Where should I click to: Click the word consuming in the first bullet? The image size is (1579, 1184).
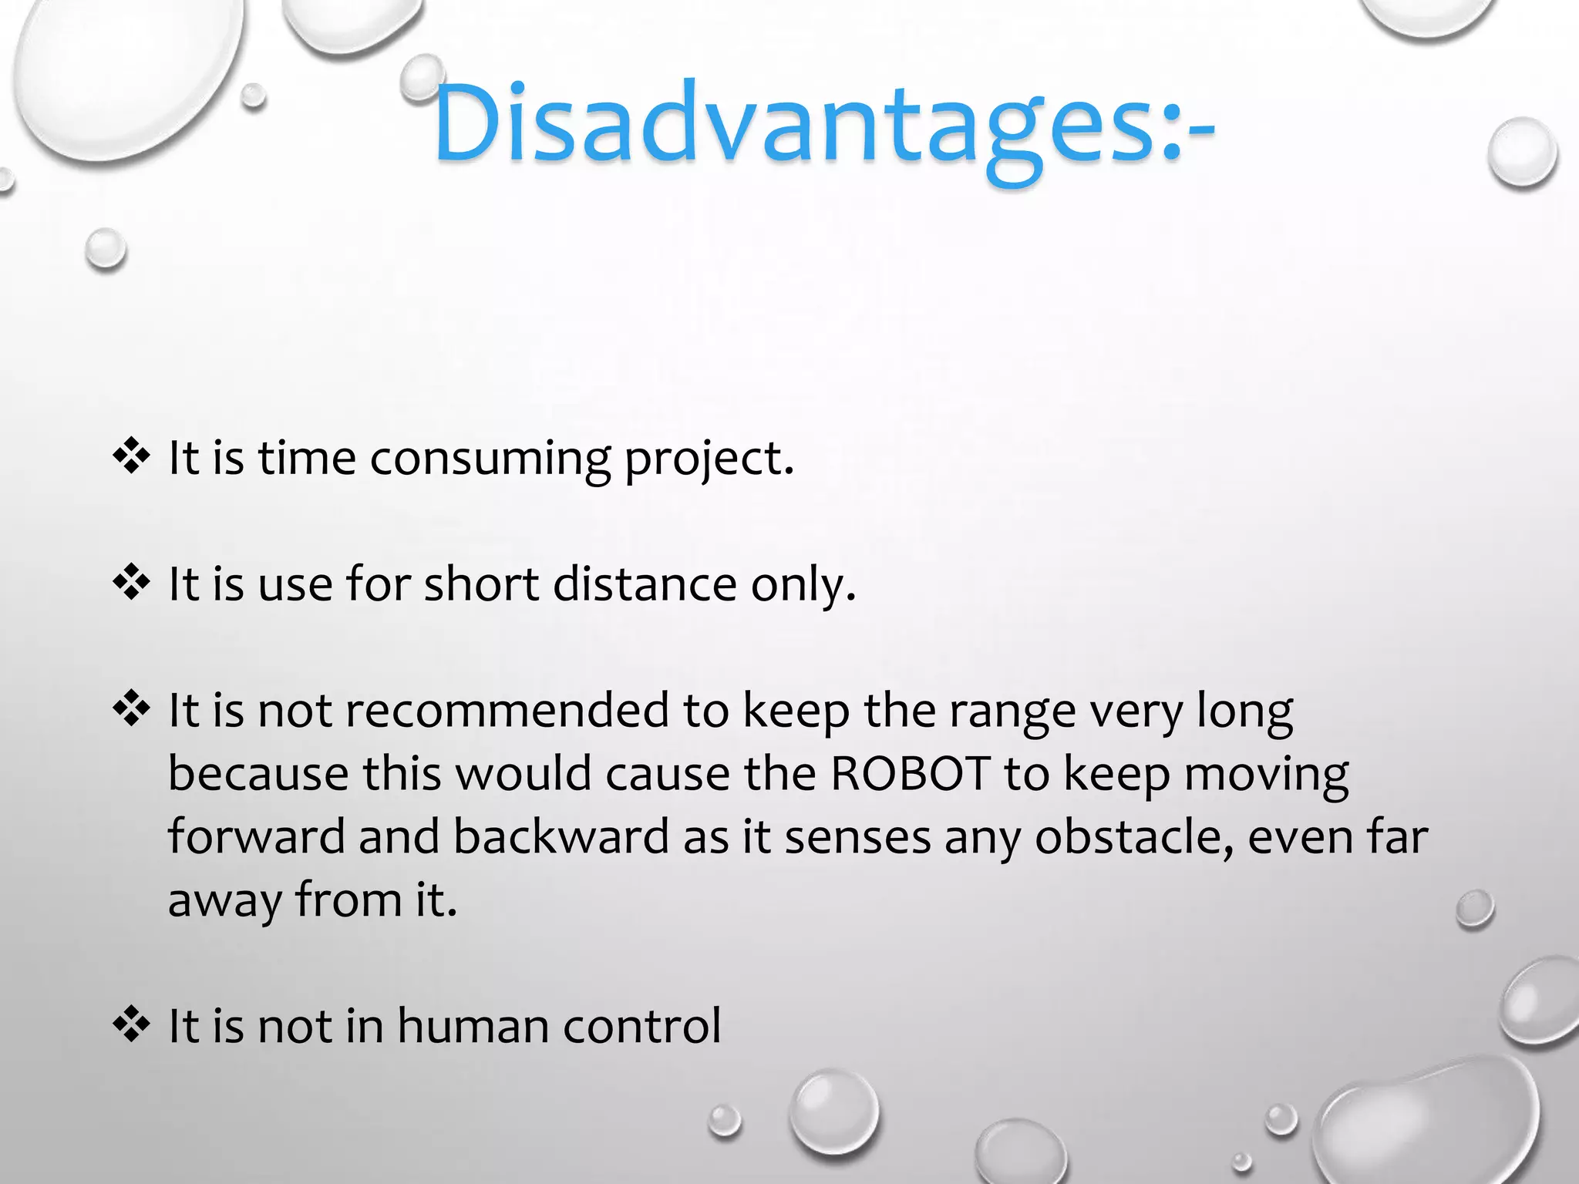[490, 459]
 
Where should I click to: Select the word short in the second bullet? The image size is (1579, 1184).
[481, 584]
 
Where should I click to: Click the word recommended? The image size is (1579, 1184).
[507, 710]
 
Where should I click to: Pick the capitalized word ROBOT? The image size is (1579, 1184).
[910, 774]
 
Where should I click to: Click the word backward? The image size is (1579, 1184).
[561, 837]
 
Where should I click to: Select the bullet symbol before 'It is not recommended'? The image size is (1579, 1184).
[131, 708]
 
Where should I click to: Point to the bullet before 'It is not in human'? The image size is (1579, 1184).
[131, 1024]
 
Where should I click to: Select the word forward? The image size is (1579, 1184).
[256, 837]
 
